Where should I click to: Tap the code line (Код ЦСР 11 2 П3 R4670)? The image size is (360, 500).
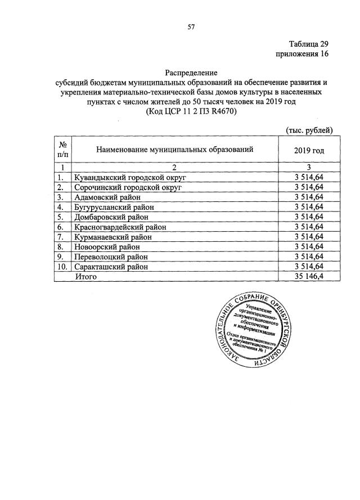191,111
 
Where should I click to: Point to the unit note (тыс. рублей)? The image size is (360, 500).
309,130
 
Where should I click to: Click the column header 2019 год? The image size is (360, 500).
309,150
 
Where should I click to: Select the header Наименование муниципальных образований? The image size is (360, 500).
174,150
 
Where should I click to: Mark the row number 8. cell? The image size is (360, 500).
62,247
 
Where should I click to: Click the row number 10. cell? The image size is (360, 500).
62,267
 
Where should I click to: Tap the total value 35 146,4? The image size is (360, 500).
309,277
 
